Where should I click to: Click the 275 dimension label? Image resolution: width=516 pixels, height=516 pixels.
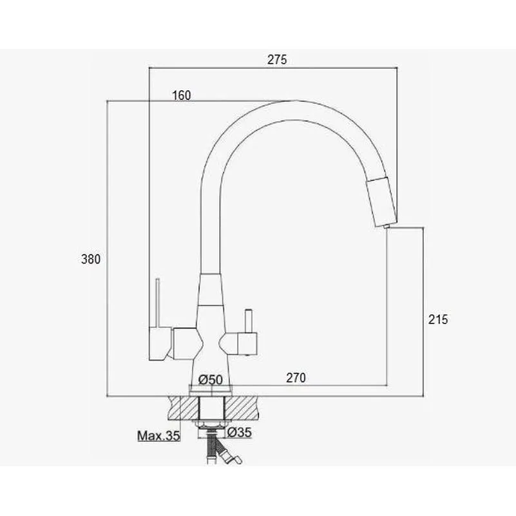tap(277, 59)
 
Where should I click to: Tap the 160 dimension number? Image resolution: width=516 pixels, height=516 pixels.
tap(182, 95)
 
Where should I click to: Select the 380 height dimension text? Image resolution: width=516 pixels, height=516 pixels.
tap(90, 260)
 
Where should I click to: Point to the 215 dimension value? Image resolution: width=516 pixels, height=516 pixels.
tap(438, 320)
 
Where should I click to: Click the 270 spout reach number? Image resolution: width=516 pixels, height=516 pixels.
tap(296, 377)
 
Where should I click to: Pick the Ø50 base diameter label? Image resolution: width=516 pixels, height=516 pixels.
tap(211, 380)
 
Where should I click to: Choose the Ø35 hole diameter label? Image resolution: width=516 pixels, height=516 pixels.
tap(240, 432)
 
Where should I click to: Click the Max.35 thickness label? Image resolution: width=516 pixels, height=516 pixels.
tap(158, 435)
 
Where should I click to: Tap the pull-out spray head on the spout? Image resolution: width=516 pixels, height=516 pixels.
tap(382, 202)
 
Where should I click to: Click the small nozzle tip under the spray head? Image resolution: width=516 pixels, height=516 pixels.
tap(387, 226)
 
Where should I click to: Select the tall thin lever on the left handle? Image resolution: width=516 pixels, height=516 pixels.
tap(158, 303)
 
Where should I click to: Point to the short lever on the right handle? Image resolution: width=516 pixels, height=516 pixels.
tap(248, 321)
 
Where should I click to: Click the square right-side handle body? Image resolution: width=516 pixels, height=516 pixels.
tap(247, 344)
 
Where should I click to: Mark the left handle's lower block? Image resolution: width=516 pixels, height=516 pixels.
tap(160, 343)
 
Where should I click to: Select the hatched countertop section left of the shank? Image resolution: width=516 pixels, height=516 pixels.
tap(184, 408)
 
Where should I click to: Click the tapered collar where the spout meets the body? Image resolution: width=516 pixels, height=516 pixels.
tap(211, 290)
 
